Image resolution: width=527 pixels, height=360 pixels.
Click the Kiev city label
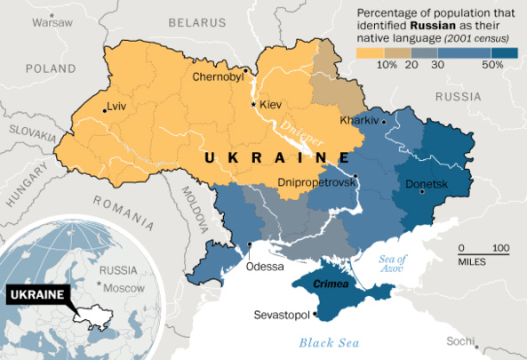click(x=270, y=105)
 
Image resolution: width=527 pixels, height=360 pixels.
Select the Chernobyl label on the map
click(x=218, y=77)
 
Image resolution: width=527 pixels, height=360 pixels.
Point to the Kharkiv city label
click(x=359, y=120)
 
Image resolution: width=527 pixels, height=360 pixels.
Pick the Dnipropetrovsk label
click(x=316, y=181)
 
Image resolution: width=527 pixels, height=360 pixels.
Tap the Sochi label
click(x=460, y=341)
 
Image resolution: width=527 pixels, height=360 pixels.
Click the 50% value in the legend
click(x=492, y=65)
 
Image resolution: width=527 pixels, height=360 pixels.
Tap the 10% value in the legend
click(x=387, y=65)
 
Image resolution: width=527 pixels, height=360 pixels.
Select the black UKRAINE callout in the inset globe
click(x=36, y=294)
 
